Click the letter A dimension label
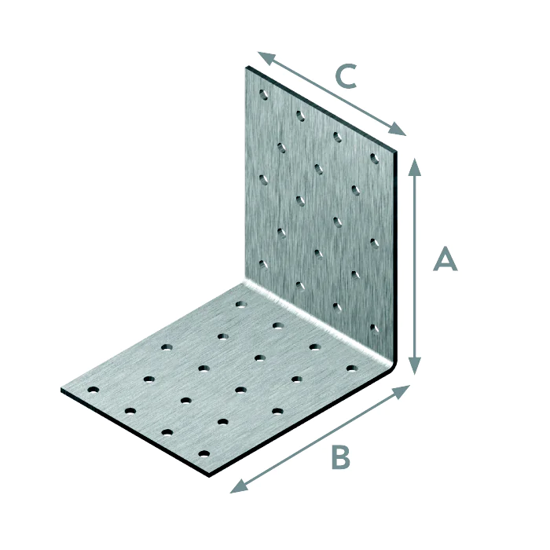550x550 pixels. [445, 258]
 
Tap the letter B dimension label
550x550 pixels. [340, 456]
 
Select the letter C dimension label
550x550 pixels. [346, 76]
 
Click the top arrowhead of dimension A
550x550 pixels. [415, 167]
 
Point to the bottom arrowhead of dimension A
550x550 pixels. [415, 366]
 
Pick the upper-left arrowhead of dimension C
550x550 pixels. [266, 57]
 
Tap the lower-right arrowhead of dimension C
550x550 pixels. [398, 130]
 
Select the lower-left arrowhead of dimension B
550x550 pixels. [239, 487]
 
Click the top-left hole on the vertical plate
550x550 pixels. [263, 94]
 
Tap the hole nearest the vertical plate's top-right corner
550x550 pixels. [375, 158]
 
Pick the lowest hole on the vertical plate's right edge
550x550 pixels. [375, 328]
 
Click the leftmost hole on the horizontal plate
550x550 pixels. [93, 390]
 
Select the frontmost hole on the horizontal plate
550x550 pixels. [203, 454]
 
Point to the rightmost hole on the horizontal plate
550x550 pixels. [352, 368]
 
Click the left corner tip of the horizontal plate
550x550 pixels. [61, 390]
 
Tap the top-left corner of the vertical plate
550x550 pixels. [246, 67]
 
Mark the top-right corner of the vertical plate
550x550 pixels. [396, 152]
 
